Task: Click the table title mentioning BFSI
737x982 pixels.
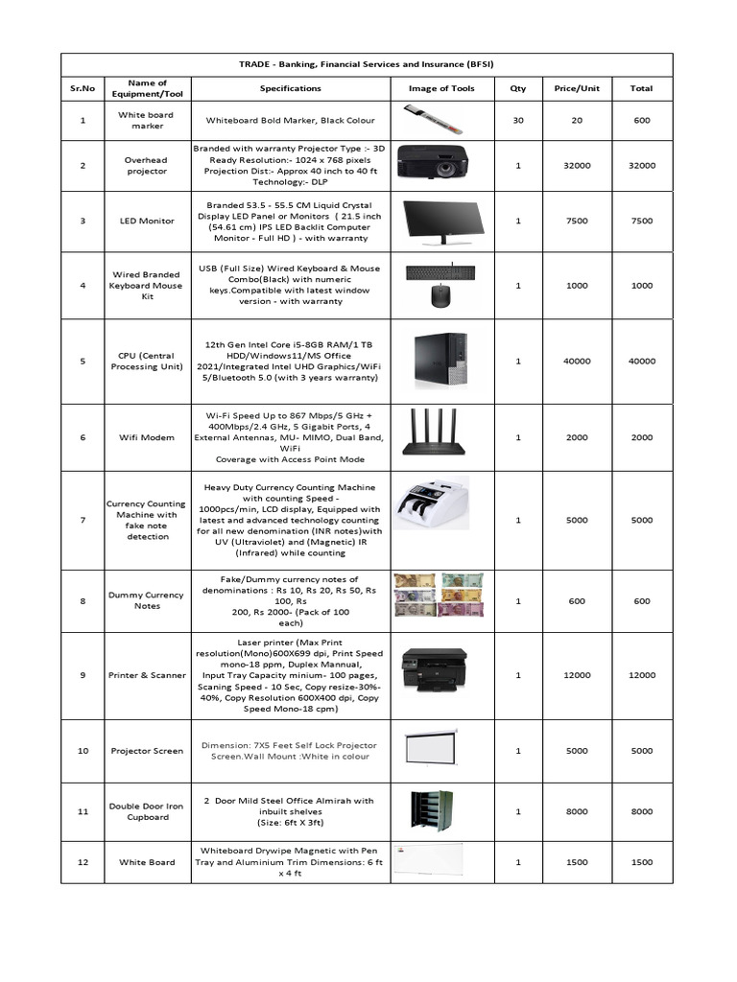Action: (367, 63)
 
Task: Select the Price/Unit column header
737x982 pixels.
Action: (577, 88)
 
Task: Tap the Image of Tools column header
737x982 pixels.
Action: (440, 88)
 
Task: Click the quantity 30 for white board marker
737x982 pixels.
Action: (518, 120)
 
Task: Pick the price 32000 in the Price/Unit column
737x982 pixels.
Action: (577, 165)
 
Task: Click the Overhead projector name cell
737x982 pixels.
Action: (146, 165)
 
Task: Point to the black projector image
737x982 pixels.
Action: (433, 161)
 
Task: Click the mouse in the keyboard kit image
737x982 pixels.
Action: (440, 296)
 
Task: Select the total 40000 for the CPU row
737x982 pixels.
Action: (641, 362)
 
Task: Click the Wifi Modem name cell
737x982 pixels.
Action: (146, 437)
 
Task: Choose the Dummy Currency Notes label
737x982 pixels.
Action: (146, 600)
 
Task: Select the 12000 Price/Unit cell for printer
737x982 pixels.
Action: (577, 675)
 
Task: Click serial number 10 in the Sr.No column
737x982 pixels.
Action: (83, 751)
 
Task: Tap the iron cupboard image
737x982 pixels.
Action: (431, 811)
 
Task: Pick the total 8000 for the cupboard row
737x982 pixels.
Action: (641, 811)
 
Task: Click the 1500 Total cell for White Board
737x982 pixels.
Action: (641, 862)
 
